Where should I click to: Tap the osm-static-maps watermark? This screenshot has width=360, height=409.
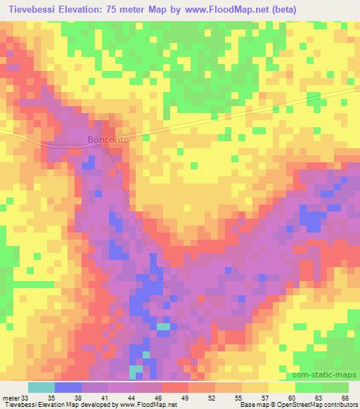tap(330, 376)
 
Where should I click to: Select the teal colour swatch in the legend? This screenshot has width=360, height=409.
tap(41, 387)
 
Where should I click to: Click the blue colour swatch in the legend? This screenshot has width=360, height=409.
tap(68, 387)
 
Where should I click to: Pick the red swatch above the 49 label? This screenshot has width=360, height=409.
tap(175, 387)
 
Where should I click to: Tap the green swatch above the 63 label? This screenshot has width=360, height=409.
tap(309, 387)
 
